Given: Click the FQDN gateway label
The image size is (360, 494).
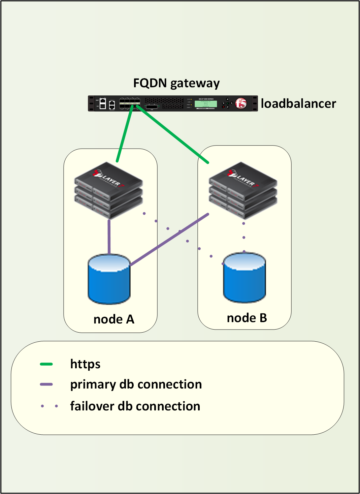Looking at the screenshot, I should (x=176, y=83).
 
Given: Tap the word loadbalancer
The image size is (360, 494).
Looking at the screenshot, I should (x=298, y=103).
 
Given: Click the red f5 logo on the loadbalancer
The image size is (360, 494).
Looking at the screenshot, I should (x=241, y=103).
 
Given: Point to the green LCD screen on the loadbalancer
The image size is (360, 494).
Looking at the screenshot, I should (x=206, y=103).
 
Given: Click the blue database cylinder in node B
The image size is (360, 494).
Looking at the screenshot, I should (x=244, y=278).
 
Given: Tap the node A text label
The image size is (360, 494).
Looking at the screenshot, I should (x=114, y=319).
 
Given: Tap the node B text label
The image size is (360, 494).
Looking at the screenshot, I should (x=247, y=318).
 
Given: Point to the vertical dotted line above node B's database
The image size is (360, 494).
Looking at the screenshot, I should (x=244, y=237).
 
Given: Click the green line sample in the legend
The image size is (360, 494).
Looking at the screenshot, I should (x=46, y=364).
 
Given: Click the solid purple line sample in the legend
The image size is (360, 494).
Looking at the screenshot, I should (x=46, y=384).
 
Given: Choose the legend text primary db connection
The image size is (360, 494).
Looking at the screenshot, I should (x=136, y=384).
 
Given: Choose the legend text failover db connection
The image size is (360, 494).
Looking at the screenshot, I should (x=135, y=406).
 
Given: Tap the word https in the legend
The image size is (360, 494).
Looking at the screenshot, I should (x=85, y=364).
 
